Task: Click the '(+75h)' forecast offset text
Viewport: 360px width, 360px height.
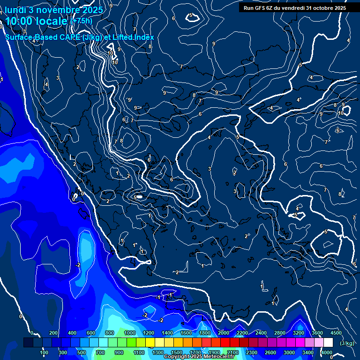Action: (x=81, y=21)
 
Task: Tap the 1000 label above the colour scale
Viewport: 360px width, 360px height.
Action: (x=129, y=333)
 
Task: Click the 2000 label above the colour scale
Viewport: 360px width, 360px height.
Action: (x=223, y=333)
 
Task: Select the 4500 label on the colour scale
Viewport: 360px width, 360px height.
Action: (x=336, y=333)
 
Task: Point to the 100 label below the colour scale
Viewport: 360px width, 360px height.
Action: (x=45, y=352)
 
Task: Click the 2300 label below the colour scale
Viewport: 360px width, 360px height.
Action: (x=251, y=352)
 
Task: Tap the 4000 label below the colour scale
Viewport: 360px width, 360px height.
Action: (x=327, y=352)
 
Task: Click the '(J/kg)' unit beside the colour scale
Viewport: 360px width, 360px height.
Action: (x=347, y=343)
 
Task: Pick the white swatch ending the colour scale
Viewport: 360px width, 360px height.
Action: (x=328, y=343)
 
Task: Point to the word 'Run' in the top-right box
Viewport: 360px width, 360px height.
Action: (x=248, y=8)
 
